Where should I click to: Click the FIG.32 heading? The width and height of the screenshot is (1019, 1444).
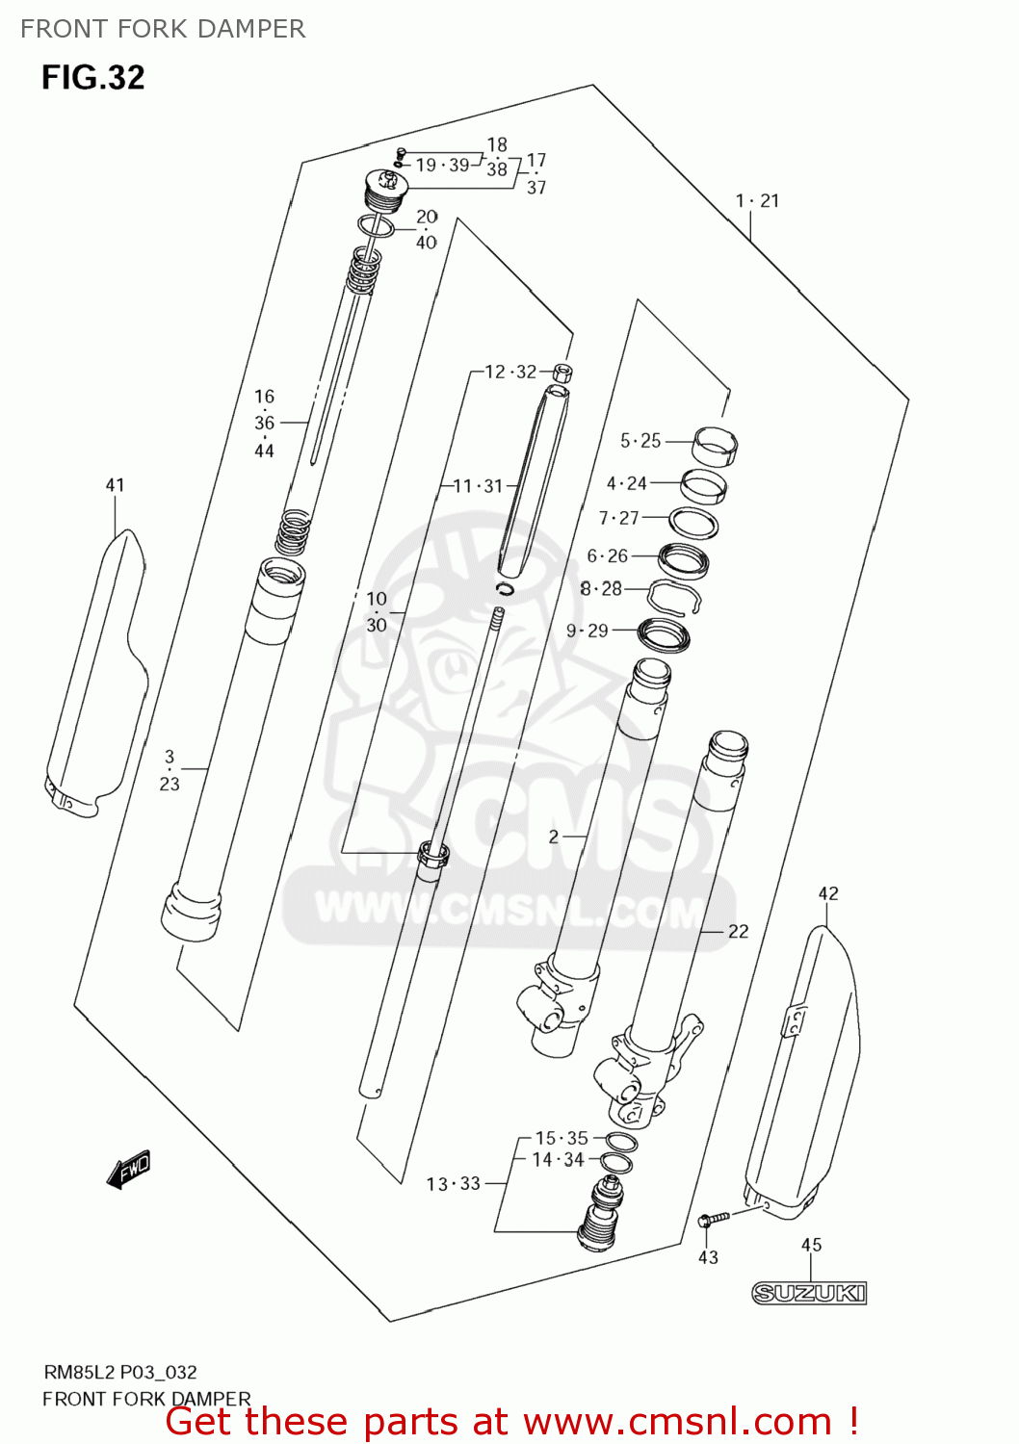pyautogui.click(x=92, y=78)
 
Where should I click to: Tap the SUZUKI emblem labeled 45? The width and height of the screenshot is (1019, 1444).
pyautogui.click(x=809, y=1293)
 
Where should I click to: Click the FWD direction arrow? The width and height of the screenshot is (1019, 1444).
pyautogui.click(x=129, y=1170)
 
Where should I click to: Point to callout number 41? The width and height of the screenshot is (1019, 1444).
pyautogui.click(x=115, y=485)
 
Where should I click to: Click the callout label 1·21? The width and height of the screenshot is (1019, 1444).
pyautogui.click(x=757, y=201)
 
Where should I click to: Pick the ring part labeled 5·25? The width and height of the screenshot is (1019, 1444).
pyautogui.click(x=716, y=444)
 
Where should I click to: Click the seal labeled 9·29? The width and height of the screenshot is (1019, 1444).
pyautogui.click(x=665, y=634)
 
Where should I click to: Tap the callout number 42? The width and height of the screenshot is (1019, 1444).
pyautogui.click(x=828, y=893)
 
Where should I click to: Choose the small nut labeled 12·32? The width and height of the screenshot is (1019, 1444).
pyautogui.click(x=562, y=373)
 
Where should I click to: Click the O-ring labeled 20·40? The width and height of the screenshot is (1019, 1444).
pyautogui.click(x=376, y=227)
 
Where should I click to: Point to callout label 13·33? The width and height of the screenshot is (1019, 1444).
pyautogui.click(x=453, y=1184)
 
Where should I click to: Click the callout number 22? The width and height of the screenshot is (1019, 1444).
pyautogui.click(x=738, y=931)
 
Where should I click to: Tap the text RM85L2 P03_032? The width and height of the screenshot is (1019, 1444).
pyautogui.click(x=119, y=1373)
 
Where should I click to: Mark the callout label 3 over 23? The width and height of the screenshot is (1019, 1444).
pyautogui.click(x=170, y=770)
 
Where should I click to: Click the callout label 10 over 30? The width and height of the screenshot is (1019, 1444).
pyautogui.click(x=377, y=612)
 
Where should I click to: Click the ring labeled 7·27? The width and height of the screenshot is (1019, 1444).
pyautogui.click(x=693, y=523)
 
